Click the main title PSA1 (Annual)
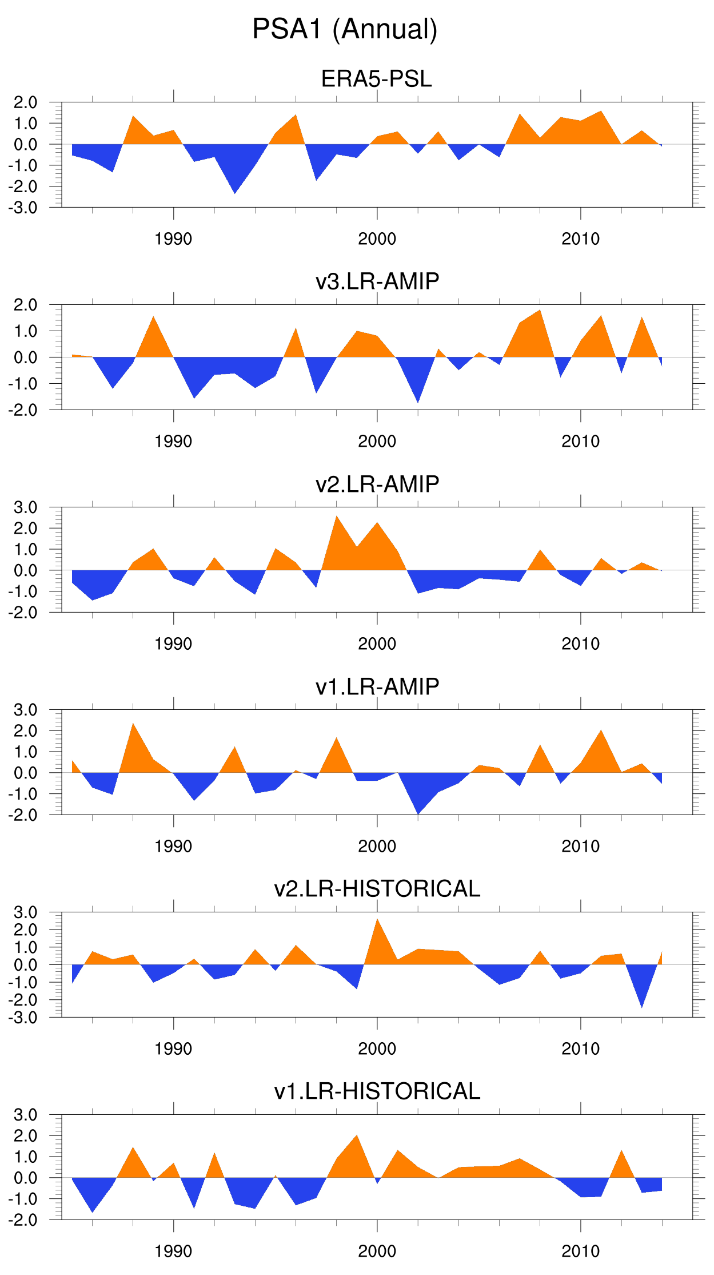click(345, 29)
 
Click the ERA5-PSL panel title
click(377, 79)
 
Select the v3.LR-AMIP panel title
click(377, 281)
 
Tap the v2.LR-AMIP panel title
click(377, 484)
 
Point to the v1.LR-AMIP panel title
click(377, 686)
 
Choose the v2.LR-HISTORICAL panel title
click(377, 889)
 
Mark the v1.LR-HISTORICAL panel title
click(377, 1091)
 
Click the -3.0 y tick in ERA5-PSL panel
click(23, 208)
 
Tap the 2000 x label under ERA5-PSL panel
click(377, 239)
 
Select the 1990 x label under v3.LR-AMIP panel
click(173, 442)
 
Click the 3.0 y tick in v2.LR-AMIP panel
click(25, 507)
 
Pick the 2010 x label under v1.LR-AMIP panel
click(580, 847)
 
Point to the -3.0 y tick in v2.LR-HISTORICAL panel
click(23, 1018)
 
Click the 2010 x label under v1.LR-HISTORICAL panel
click(580, 1252)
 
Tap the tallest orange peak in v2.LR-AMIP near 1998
click(337, 521)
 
